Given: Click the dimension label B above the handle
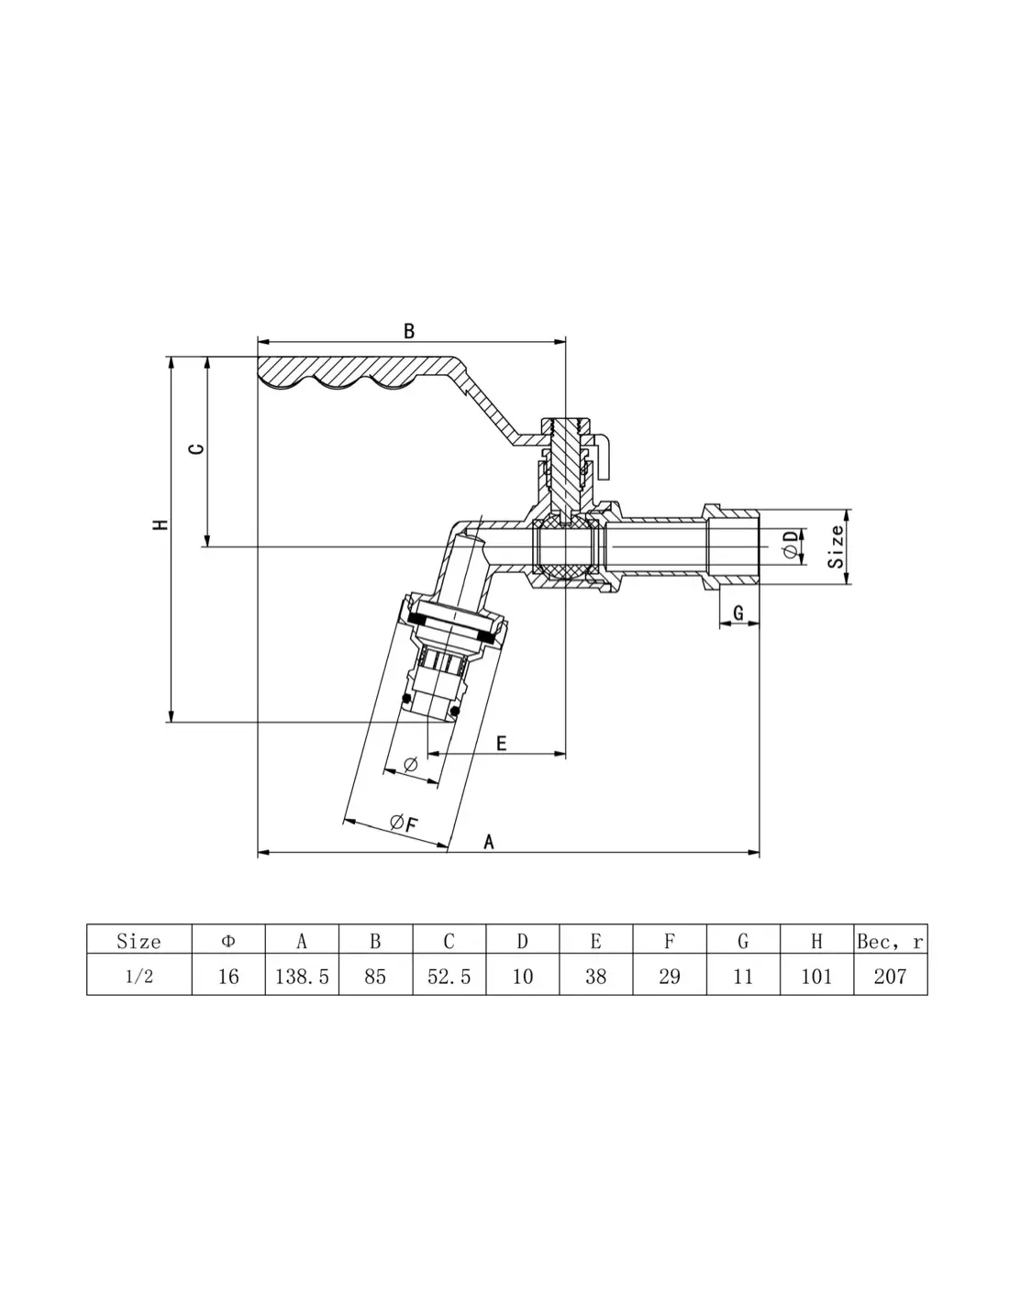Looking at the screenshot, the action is [409, 331].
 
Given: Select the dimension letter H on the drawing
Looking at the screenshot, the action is [161, 525].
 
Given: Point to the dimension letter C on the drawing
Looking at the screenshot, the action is [196, 448].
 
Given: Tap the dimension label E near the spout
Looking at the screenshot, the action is [501, 744].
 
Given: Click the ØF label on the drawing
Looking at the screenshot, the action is [404, 823].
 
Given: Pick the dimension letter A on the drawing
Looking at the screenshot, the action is [489, 842].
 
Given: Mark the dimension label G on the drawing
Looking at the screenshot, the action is [738, 613].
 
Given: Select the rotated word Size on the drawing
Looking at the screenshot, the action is [836, 547].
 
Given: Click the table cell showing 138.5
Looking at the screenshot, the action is [302, 977].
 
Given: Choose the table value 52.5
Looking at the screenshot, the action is [449, 977].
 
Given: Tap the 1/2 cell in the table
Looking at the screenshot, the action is [139, 977].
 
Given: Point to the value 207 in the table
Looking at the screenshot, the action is [890, 977].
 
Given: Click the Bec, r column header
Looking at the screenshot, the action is [890, 942].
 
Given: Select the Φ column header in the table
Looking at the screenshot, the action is [228, 942].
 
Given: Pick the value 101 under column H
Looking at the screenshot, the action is [816, 977].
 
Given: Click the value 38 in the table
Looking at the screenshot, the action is [596, 977].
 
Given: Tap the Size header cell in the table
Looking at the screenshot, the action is [139, 942].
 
